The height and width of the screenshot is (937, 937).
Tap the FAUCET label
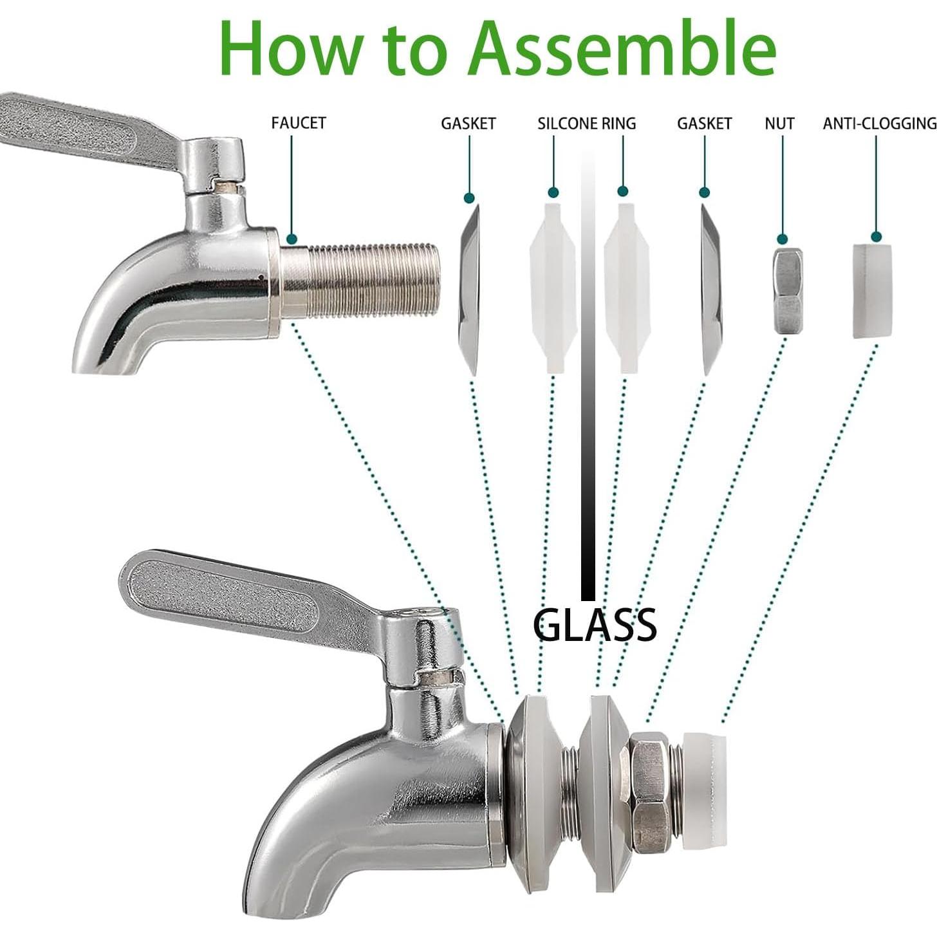(299, 122)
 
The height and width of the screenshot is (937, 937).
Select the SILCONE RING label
(586, 123)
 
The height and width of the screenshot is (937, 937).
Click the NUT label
(779, 123)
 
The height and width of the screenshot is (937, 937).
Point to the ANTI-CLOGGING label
(879, 123)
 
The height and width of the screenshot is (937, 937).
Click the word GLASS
(595, 624)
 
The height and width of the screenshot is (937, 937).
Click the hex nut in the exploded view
(788, 291)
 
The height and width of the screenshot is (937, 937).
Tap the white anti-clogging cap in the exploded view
(876, 291)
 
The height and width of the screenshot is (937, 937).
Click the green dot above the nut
(783, 239)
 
